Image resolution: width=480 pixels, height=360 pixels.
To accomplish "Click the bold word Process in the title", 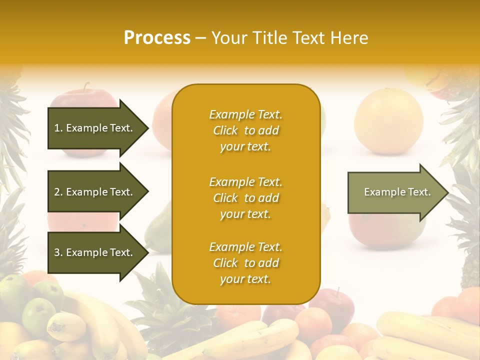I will click(157, 38).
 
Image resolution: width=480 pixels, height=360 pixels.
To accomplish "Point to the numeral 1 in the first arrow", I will click(57, 128).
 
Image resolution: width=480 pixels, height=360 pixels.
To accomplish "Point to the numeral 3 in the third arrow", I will click(57, 252).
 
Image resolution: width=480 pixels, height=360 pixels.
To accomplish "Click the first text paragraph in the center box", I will click(245, 130).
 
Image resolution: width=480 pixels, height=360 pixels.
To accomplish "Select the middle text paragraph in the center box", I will click(245, 198).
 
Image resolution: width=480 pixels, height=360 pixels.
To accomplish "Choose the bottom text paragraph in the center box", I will click(245, 263).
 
